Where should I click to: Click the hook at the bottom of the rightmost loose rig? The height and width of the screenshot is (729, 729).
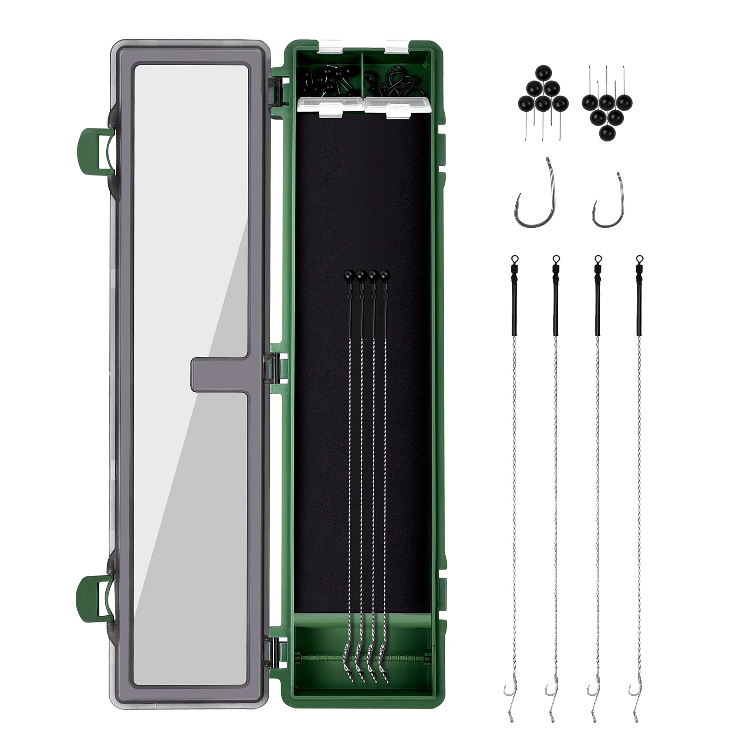tap(634, 690)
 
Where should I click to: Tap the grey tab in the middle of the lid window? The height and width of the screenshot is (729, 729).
tap(219, 375)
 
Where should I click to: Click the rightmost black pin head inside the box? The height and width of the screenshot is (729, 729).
tap(384, 275)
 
